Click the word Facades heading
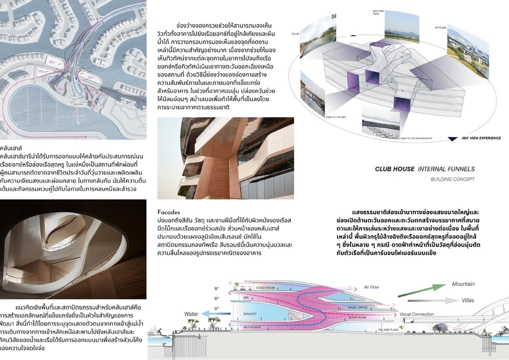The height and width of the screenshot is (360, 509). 169,212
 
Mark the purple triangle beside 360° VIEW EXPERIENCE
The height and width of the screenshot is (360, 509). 453,138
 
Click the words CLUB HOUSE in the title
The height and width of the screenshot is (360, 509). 394,169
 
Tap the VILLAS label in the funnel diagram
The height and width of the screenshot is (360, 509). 295,33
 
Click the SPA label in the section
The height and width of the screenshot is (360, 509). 260,298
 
